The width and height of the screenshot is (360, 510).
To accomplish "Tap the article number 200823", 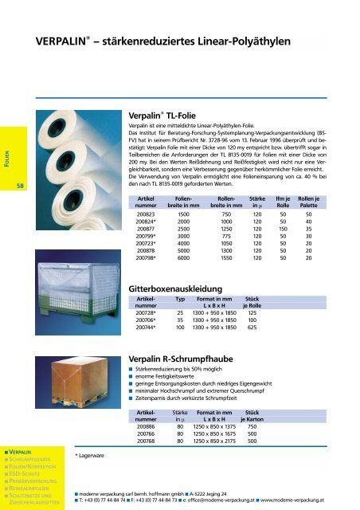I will (146, 214).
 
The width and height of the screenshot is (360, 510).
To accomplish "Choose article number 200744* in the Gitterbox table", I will (147, 328).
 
